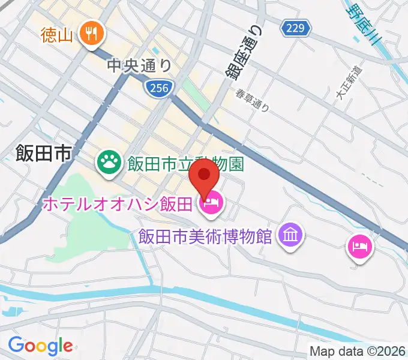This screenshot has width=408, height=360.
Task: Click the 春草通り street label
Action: coord(252,100)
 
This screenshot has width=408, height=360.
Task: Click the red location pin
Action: coord(204,180)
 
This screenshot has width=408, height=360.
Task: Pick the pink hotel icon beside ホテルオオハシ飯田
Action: coord(211,205)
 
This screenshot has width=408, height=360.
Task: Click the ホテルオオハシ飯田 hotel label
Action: coord(117,205)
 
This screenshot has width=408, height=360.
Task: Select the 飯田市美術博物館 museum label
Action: coord(206,235)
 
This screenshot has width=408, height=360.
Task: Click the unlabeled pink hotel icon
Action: coord(359,246)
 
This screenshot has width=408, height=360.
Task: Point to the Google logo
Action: coord(40,346)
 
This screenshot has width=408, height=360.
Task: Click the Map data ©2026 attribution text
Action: coord(357,351)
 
